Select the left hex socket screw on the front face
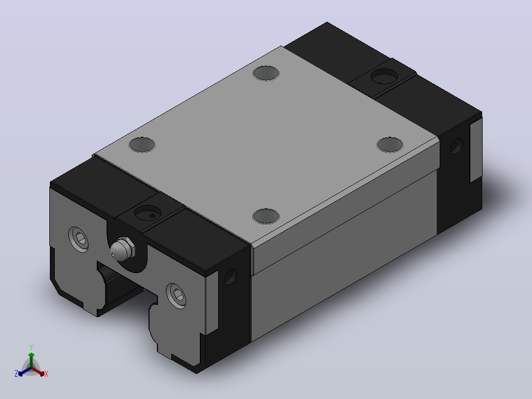click(79, 239)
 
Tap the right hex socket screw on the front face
click(177, 296)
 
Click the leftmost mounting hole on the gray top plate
click(142, 144)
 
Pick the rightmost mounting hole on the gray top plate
click(390, 144)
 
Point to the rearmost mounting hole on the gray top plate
click(266, 73)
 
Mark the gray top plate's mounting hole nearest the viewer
click(266, 216)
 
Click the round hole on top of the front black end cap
click(148, 213)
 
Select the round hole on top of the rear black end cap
click(384, 76)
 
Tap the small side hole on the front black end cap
click(230, 277)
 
